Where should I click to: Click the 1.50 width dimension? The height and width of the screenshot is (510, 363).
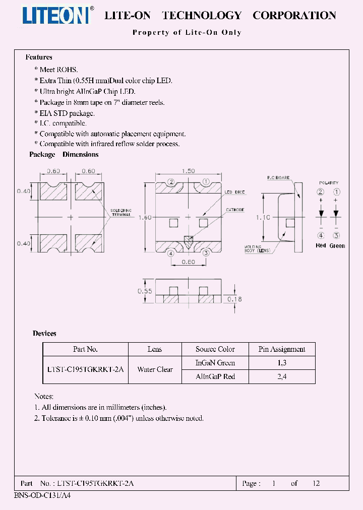(188, 171)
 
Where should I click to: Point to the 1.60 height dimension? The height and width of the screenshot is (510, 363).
(145, 217)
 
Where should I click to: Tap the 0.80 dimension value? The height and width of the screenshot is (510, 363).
(188, 262)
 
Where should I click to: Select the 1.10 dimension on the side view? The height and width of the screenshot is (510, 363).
(264, 217)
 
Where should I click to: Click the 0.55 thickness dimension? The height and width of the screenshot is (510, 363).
(144, 291)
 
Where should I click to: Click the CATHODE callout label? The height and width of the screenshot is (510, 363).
(235, 210)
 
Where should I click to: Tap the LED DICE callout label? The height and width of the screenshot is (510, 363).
(234, 192)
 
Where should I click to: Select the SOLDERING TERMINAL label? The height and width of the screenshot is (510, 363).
(119, 212)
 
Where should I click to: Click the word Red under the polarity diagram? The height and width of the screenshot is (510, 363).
(321, 245)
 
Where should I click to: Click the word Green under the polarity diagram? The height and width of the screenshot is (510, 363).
(337, 245)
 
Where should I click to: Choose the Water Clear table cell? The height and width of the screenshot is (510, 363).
(155, 369)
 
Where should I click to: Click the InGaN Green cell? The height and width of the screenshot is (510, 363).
(215, 362)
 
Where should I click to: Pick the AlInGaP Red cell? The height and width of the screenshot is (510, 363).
(215, 376)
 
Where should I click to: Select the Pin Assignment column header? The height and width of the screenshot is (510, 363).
(282, 349)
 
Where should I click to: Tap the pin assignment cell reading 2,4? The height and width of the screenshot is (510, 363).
(282, 376)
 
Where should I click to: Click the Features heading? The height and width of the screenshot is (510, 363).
(39, 57)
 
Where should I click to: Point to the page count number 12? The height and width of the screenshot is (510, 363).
(316, 483)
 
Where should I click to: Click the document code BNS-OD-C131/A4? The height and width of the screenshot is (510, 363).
(42, 495)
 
